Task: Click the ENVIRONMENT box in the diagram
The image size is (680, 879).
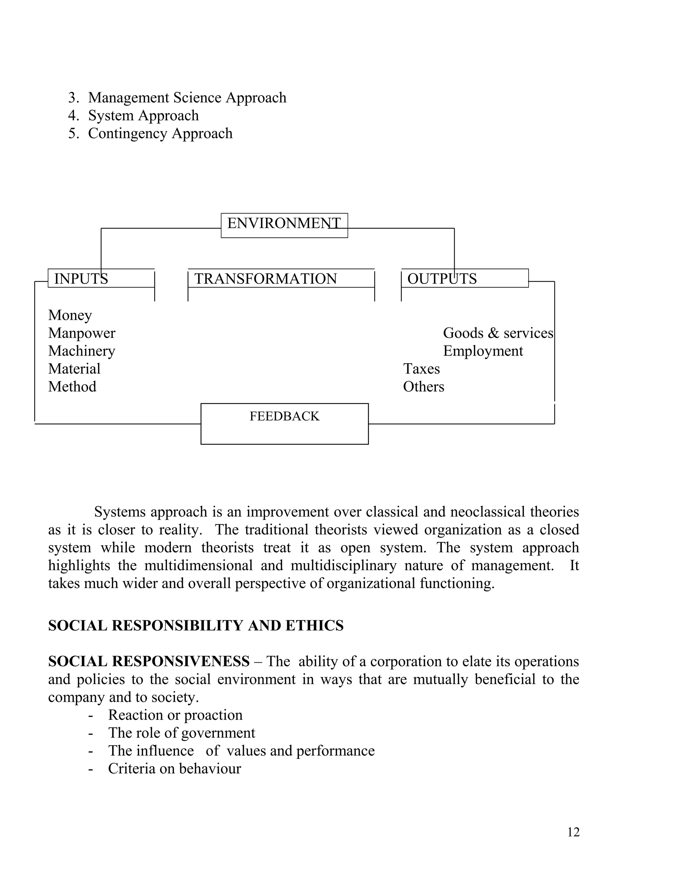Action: [284, 225]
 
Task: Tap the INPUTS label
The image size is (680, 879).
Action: [81, 279]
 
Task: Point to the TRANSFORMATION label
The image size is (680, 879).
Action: [266, 279]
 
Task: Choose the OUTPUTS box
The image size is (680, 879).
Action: [464, 278]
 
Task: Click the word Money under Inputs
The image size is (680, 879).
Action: [70, 315]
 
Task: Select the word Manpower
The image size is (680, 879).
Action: [82, 333]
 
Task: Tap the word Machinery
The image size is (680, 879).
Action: [82, 351]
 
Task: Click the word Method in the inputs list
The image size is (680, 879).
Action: [72, 386]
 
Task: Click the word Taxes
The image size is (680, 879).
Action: [421, 369]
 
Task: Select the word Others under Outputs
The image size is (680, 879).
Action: [423, 386]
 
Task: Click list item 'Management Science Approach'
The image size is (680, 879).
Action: [187, 98]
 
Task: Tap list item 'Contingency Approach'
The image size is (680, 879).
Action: [160, 133]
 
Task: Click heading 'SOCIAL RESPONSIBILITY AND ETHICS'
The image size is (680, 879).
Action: [196, 626]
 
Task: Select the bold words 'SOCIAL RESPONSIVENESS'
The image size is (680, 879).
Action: [149, 661]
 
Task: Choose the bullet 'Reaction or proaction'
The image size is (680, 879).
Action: [175, 715]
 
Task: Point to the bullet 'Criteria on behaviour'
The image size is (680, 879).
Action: [174, 768]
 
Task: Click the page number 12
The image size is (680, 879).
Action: [573, 832]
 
